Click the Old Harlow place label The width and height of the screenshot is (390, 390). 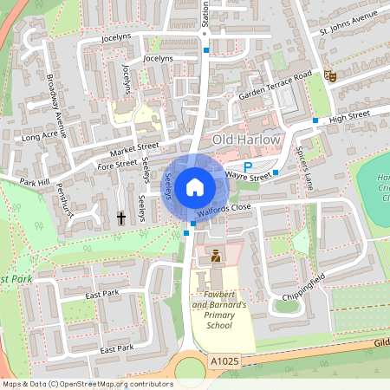tap(248, 140)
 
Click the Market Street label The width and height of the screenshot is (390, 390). tap(134, 146)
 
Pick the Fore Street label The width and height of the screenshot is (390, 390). tap(118, 162)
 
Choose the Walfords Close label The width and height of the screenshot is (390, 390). tap(223, 208)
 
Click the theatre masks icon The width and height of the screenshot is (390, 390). tap(329, 75)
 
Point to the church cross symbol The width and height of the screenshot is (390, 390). tap(122, 218)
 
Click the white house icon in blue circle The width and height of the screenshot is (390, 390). tap(195, 185)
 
